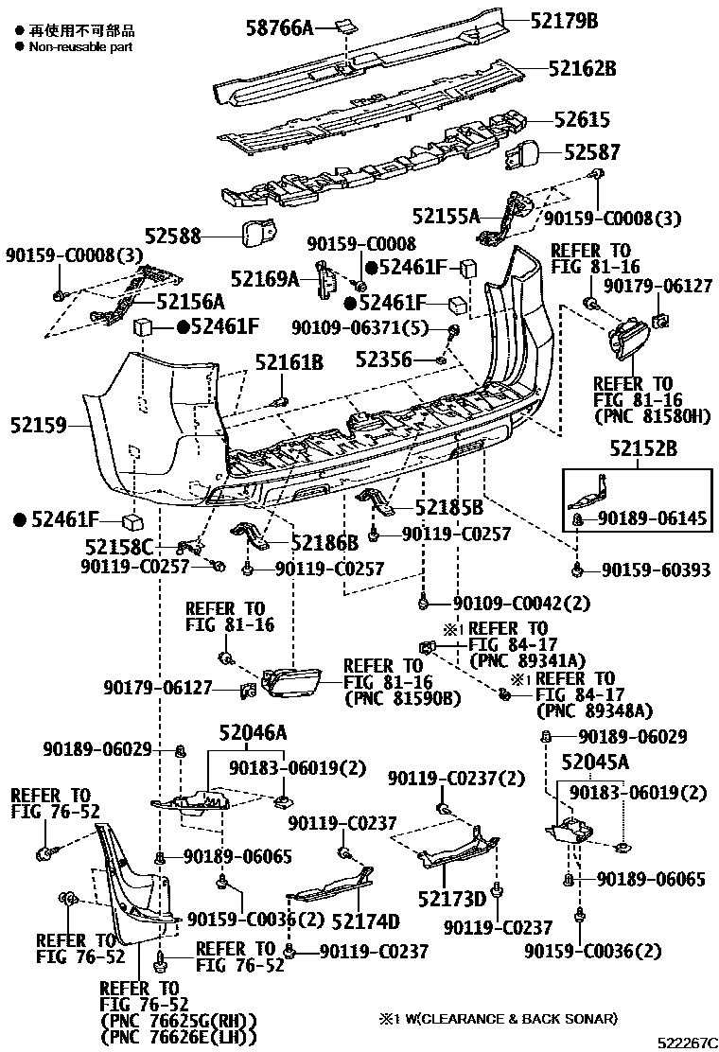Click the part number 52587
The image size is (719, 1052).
pos(592,151)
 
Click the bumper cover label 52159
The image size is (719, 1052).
pos(40,427)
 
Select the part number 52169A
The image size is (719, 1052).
pos(265,278)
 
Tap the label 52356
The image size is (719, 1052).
pos(385,359)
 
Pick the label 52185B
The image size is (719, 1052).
pos(449,509)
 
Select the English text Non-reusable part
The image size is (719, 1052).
pos(80,45)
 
